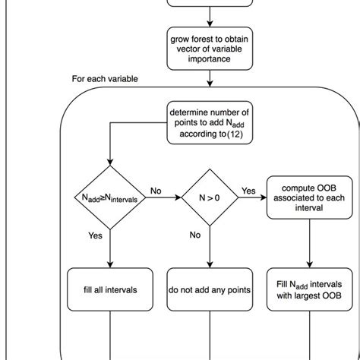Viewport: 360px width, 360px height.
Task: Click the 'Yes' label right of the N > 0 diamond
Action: click(248, 191)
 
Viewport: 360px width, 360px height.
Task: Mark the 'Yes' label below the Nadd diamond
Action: click(96, 236)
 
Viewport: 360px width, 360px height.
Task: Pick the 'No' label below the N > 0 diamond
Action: click(195, 235)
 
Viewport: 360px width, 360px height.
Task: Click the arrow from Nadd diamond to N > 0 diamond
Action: click(163, 198)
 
